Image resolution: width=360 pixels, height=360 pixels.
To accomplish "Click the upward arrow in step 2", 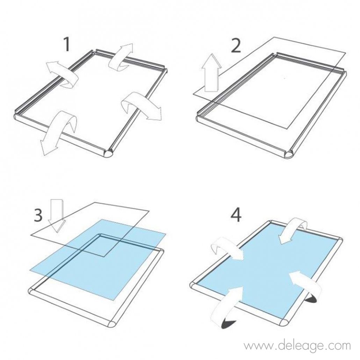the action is [x=211, y=74].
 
